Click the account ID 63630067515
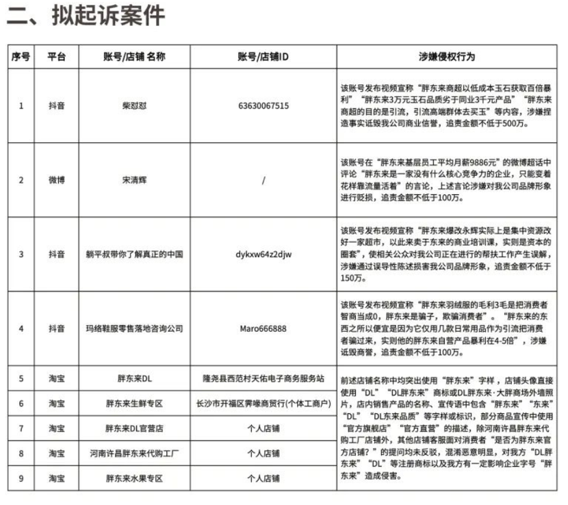263,106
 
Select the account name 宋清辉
134,180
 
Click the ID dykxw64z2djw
263,255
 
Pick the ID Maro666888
263,328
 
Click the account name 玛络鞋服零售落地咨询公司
134,328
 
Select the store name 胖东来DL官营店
134,428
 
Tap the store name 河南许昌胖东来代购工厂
134,453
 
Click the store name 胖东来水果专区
134,478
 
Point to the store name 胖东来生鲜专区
134,403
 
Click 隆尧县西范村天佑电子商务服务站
263,378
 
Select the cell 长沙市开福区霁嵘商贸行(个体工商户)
263,403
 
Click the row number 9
21,478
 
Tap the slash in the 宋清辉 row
263,181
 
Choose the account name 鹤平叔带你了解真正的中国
134,255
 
